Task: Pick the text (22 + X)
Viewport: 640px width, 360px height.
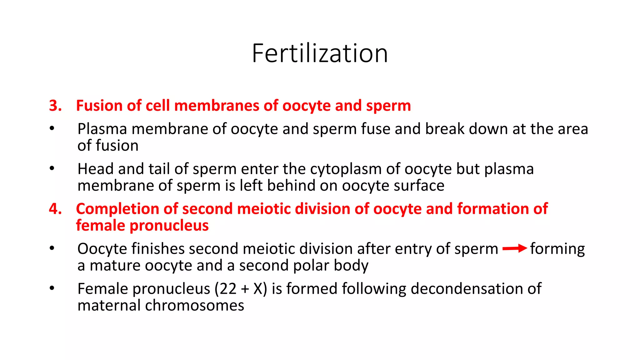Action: [241, 289]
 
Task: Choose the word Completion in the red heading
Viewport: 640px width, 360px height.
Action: [117, 209]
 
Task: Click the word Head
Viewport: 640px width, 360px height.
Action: [95, 169]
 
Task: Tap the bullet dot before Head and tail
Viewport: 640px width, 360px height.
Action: [52, 168]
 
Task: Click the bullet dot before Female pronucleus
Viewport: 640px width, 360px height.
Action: [52, 288]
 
